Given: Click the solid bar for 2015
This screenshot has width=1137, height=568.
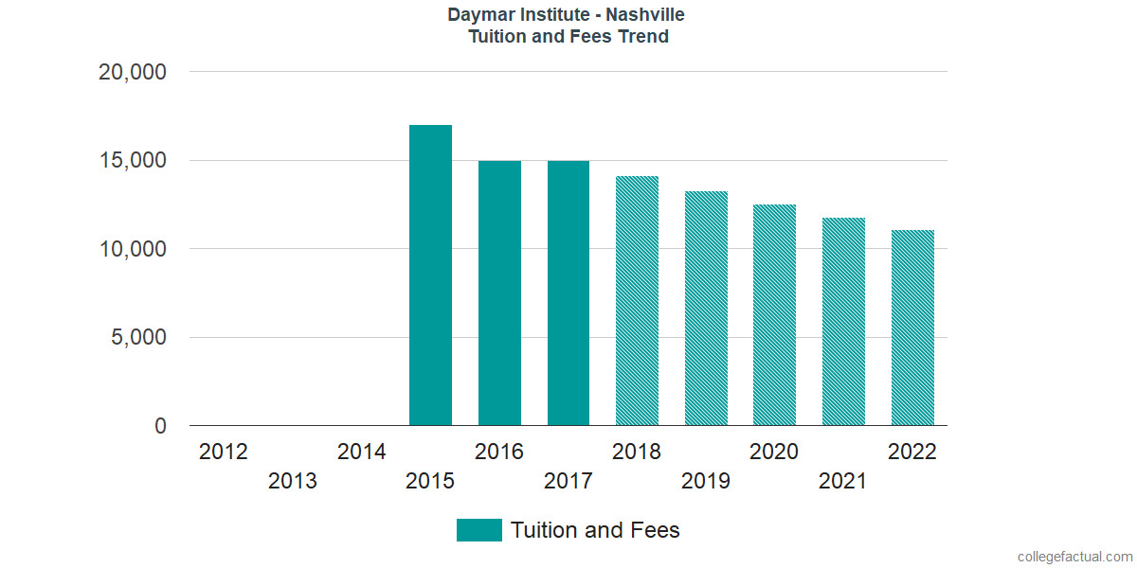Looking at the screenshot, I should click(x=430, y=275).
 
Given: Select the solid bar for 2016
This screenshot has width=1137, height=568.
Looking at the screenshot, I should click(x=499, y=293).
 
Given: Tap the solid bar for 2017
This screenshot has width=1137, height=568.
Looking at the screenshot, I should click(x=568, y=293).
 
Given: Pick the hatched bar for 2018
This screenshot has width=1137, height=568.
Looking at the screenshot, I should click(x=637, y=301).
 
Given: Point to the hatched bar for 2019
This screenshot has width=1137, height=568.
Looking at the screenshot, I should click(x=706, y=309).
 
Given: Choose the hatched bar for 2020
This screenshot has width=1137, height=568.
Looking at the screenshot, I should click(x=774, y=315).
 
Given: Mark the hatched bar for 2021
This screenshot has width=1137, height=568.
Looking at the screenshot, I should click(x=843, y=322).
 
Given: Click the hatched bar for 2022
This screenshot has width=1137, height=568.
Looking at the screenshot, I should click(x=912, y=328).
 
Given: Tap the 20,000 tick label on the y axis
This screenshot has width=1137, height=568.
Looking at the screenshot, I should click(x=133, y=72).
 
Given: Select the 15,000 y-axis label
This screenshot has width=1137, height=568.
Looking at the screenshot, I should click(x=133, y=161).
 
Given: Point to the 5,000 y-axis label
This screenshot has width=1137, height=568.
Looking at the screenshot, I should click(x=139, y=338).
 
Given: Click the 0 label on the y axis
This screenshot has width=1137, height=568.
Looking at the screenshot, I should click(x=160, y=427).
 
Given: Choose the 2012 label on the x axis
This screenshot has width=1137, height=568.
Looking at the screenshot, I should click(x=224, y=452).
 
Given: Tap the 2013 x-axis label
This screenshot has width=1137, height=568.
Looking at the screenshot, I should click(x=293, y=482).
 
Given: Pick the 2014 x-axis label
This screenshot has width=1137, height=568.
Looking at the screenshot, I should click(x=362, y=452).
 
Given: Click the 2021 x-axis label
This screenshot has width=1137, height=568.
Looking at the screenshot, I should click(x=843, y=482).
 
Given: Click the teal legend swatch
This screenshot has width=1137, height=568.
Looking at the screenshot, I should click(x=478, y=530).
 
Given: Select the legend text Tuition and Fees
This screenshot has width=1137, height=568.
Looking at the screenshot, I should click(x=595, y=530).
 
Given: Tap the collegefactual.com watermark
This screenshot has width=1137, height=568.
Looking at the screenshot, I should click(x=1074, y=557).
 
